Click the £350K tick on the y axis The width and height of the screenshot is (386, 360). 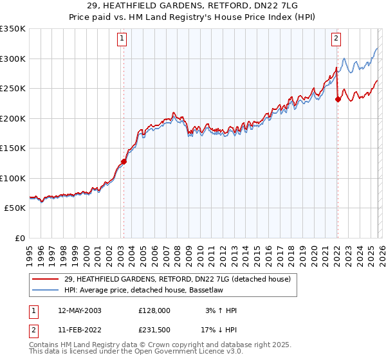point(12,29)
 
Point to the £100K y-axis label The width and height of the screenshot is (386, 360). point(12,178)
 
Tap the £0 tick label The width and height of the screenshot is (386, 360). point(20,238)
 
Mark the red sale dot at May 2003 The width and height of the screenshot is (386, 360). point(124,161)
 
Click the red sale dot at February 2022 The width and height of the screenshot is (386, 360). point(337,100)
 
